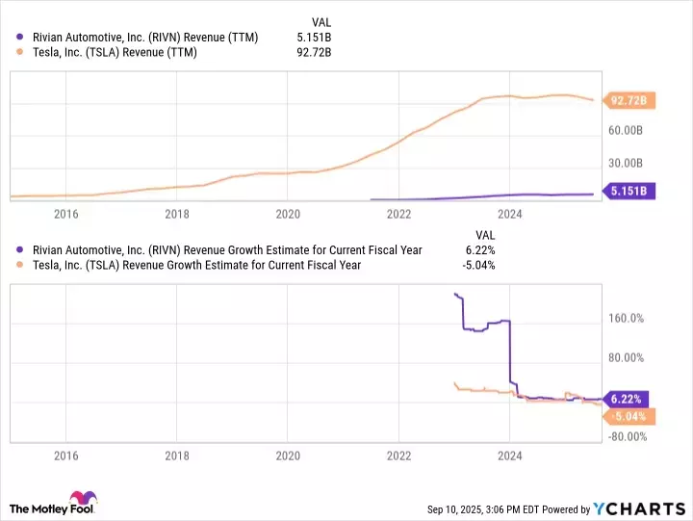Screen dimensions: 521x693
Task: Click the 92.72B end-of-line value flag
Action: pos(628,99)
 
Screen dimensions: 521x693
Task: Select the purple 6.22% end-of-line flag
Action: pos(628,398)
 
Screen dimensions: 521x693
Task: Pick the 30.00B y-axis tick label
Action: pos(634,163)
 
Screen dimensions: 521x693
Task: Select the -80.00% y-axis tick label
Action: pos(634,436)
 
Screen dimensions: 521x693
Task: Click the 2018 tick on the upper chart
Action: pos(177,214)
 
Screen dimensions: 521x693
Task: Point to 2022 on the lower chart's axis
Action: pos(399,456)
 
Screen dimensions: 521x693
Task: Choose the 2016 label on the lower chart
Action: pos(65,456)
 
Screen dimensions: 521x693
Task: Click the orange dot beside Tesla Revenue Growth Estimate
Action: pos(21,265)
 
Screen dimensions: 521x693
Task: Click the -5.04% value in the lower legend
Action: pos(478,265)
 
